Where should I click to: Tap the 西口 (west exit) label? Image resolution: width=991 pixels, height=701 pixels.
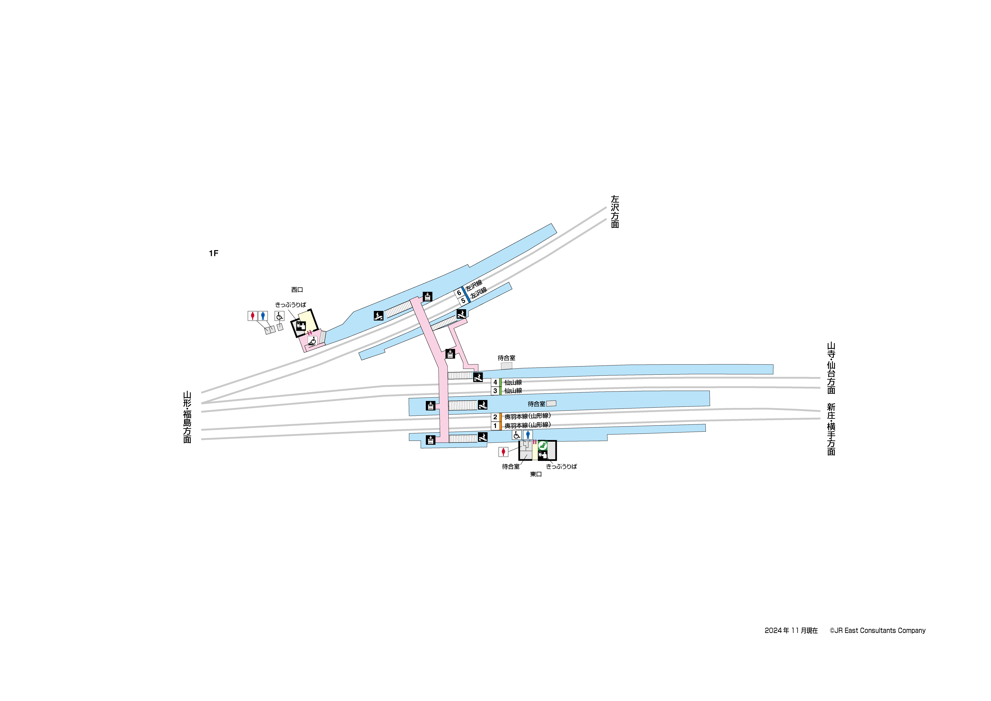coord(297,290)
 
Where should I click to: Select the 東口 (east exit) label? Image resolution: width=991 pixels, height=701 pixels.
coord(536,474)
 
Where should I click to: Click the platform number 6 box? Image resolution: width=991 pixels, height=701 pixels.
coord(459,293)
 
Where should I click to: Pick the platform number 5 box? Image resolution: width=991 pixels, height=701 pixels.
coord(463,301)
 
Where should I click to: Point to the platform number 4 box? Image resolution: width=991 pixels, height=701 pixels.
coord(495,382)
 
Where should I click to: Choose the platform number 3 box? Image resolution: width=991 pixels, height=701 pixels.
coord(495,391)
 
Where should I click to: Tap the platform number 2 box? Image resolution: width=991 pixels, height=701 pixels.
coord(495,417)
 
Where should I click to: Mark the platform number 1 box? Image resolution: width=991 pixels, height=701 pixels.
coord(495,426)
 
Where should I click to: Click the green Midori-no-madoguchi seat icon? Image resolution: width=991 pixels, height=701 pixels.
coord(543,445)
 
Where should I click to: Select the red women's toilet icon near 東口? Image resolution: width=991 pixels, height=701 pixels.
coord(503,452)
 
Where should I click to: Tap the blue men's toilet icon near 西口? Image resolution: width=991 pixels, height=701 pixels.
coord(263,316)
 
